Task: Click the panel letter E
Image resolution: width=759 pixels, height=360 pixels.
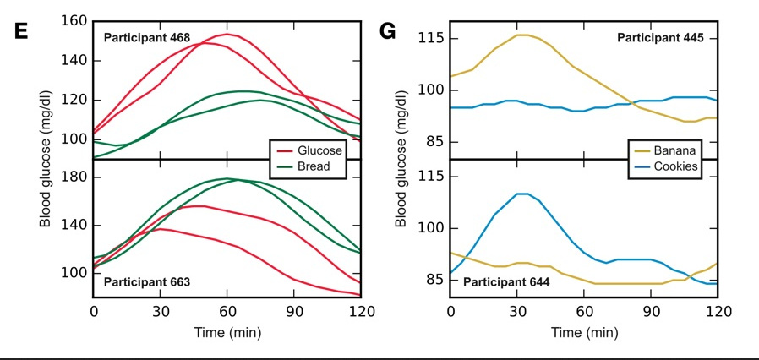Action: (22, 31)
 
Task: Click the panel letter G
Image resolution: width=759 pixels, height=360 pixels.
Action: (388, 31)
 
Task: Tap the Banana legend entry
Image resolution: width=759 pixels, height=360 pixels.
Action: (674, 150)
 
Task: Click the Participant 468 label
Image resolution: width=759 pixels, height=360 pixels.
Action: (146, 38)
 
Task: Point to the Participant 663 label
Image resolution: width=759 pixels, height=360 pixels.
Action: (146, 281)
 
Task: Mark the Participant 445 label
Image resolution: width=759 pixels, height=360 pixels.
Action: (666, 38)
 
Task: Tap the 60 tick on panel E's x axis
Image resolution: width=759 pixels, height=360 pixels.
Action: (227, 311)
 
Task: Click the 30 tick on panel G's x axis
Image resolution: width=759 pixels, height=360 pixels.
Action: (517, 311)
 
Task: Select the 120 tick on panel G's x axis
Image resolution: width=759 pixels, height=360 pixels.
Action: (717, 311)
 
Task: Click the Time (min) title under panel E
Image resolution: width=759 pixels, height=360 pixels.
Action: (227, 332)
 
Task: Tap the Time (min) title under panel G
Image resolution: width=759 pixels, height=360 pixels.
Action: (583, 332)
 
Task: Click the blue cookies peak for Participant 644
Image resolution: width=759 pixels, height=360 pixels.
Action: (522, 194)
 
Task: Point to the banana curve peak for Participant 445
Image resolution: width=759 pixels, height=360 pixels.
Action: (522, 35)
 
